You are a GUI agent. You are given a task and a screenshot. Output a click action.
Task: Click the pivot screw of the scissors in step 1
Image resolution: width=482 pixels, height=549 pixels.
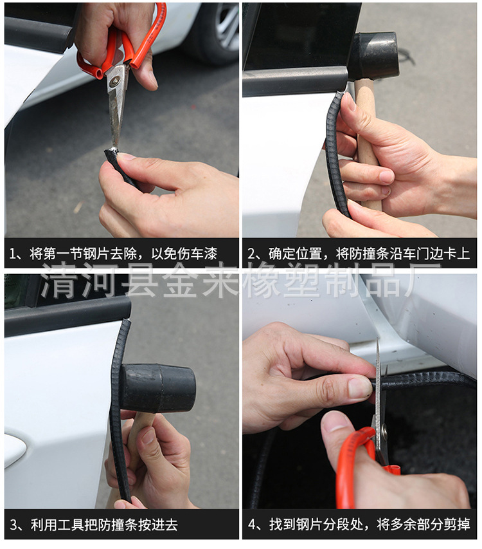[x=114, y=82]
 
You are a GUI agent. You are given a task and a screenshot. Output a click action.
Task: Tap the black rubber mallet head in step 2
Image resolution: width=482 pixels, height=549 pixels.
[x=373, y=55]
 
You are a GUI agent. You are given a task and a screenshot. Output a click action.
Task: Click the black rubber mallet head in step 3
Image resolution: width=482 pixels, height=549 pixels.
[x=158, y=387]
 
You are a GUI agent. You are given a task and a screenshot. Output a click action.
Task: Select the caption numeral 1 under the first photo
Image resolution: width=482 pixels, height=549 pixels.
[x=12, y=254]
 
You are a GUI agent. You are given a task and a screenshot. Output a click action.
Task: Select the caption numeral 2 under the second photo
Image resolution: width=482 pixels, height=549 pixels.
[x=251, y=254]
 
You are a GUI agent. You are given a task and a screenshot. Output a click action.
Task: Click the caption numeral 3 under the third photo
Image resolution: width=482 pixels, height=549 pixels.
[x=13, y=525]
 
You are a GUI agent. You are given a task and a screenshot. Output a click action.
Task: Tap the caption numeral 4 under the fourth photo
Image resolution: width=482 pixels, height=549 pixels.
[x=252, y=525]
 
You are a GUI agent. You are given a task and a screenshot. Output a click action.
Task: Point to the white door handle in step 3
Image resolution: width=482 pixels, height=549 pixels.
[x=15, y=451]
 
